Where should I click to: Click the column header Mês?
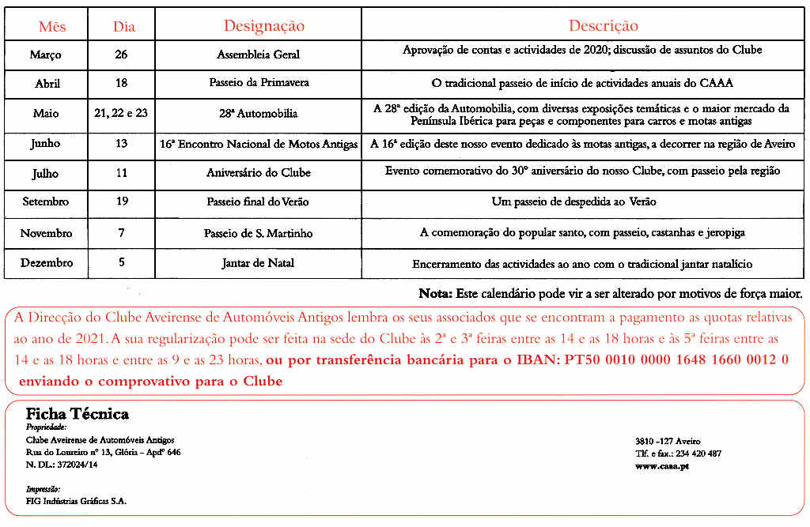coord(52,26)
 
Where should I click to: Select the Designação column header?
coord(263,26)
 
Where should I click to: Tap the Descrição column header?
coord(603,26)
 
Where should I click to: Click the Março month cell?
coord(45,55)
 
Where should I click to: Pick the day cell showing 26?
coord(120,55)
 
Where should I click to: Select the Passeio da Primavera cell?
coord(259,82)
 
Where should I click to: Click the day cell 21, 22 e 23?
coord(120,113)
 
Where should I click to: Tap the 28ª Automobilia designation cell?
coord(258,113)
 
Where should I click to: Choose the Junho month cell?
coord(45,144)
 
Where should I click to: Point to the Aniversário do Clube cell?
coord(259,172)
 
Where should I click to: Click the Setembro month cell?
coord(45,201)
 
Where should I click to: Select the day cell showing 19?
coord(122,201)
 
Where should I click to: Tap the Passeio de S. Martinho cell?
coord(258,233)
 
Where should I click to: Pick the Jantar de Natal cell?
coord(258,263)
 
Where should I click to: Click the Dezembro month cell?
coord(47,262)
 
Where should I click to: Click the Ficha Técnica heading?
coord(77,414)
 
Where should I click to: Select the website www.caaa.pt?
coord(661,466)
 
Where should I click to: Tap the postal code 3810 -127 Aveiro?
coord(667,441)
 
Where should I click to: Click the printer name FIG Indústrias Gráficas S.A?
coord(76,501)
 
